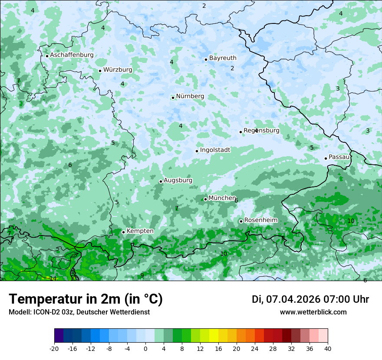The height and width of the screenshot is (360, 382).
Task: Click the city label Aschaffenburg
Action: [72, 55]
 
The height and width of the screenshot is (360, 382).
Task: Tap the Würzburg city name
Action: [118, 69]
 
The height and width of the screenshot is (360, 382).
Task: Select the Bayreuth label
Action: [223, 58]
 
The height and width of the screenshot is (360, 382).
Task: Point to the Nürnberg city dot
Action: [173, 98]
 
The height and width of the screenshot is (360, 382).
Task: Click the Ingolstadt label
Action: [215, 150]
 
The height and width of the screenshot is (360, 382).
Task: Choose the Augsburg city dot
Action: [161, 181]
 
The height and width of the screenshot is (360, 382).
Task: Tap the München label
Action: [222, 198]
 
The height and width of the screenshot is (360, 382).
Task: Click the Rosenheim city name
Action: [260, 220]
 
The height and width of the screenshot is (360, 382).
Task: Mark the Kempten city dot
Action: [123, 232]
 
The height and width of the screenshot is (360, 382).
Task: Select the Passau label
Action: [339, 157]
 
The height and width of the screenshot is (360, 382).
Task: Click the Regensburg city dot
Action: [240, 132]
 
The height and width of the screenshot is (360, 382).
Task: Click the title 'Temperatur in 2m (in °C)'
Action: [86, 299]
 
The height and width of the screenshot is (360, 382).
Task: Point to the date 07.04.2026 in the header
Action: [293, 299]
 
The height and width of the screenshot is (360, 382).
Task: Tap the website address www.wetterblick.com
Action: [313, 312]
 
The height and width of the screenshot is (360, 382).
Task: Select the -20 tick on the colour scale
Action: [54, 348]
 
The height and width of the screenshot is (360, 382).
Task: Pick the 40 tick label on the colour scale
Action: [327, 348]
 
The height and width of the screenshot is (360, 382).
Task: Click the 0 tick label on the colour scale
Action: [145, 348]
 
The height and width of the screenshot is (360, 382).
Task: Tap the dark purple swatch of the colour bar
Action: [59, 336]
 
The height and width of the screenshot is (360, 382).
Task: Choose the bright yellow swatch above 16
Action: [214, 336]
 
